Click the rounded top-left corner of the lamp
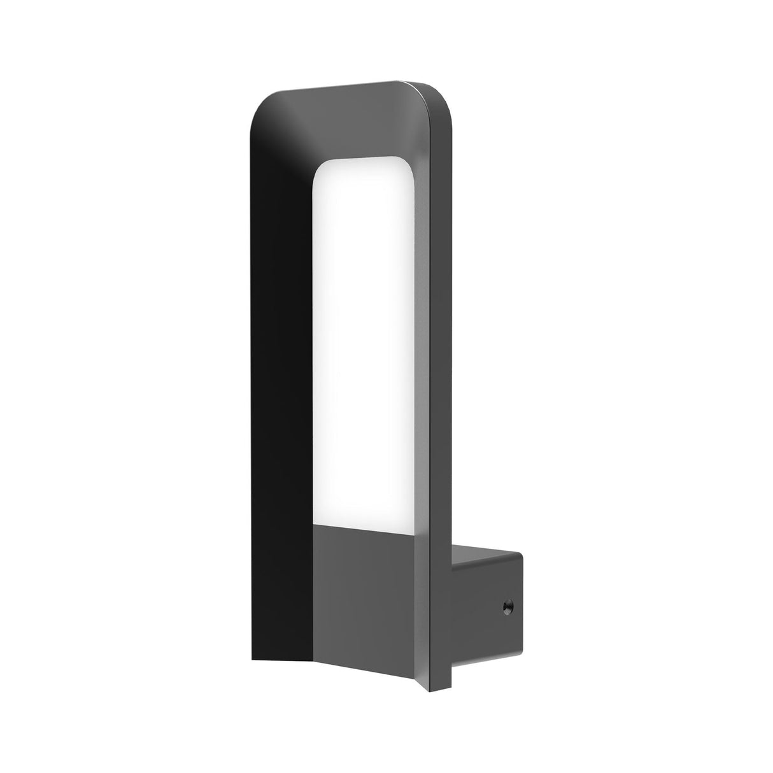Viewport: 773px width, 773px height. click(262, 108)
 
